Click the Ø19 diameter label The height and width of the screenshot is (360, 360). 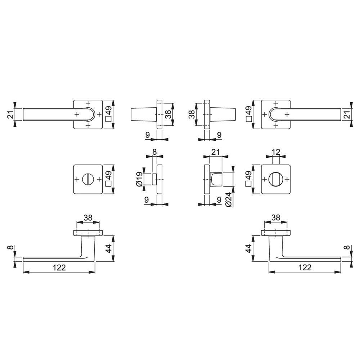139,179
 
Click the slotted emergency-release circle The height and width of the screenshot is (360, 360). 88,179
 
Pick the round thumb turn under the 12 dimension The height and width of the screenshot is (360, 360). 275,179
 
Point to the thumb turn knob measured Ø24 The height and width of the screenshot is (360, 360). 216,179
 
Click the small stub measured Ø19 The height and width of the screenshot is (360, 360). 154,179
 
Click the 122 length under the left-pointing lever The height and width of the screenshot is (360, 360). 59,267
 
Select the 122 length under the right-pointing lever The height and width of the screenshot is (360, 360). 305,267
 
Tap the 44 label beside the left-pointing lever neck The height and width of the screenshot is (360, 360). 108,248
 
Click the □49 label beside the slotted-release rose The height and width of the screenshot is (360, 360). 108,179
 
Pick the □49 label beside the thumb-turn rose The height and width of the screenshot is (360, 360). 248,179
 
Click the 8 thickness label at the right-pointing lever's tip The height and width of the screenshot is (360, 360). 347,248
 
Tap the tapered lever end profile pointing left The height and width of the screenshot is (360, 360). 143,114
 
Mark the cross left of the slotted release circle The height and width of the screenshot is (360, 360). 77,179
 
